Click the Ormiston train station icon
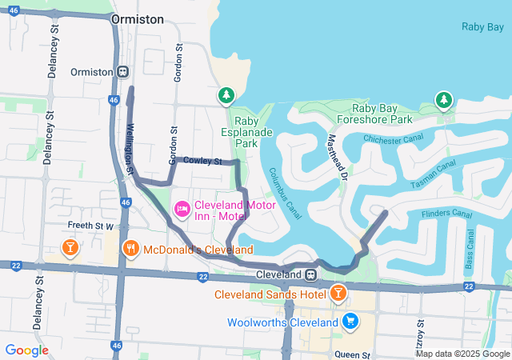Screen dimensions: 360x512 pos(123,71)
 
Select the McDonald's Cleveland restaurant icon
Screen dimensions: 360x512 pos(130,249)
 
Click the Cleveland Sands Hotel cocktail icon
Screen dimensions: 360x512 pos(338,294)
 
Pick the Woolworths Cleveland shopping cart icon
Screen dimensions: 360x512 pos(350,322)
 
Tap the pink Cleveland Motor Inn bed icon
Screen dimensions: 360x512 pos(182,210)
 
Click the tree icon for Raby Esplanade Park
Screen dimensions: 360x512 pos(226,97)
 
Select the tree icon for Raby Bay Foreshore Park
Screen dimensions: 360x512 pos(443,99)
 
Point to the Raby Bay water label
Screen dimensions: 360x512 pos(482,26)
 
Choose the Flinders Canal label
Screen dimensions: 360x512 pos(440,214)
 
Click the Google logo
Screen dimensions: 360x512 pos(26,350)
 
